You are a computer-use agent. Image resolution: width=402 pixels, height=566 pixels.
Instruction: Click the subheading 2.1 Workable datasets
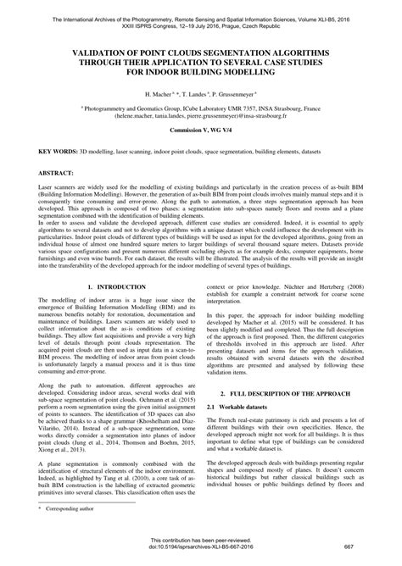(x=245, y=408)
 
